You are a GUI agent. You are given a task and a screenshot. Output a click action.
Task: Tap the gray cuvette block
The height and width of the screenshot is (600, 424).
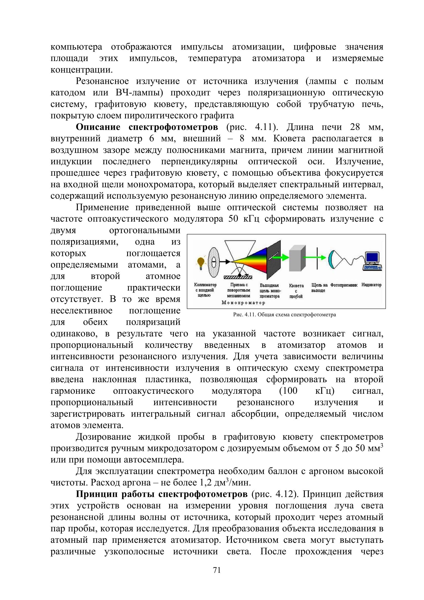[297, 259]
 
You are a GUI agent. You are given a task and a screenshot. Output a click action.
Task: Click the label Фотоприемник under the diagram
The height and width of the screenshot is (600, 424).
[344, 285]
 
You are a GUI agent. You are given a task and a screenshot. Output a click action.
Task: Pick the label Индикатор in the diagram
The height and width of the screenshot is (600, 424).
[371, 285]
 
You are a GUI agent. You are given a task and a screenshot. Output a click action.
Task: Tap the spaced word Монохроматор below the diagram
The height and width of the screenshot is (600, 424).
[243, 303]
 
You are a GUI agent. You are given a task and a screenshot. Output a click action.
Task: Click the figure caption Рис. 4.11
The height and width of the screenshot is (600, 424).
[284, 315]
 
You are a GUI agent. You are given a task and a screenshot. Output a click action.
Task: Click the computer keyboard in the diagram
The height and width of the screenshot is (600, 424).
[372, 268]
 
